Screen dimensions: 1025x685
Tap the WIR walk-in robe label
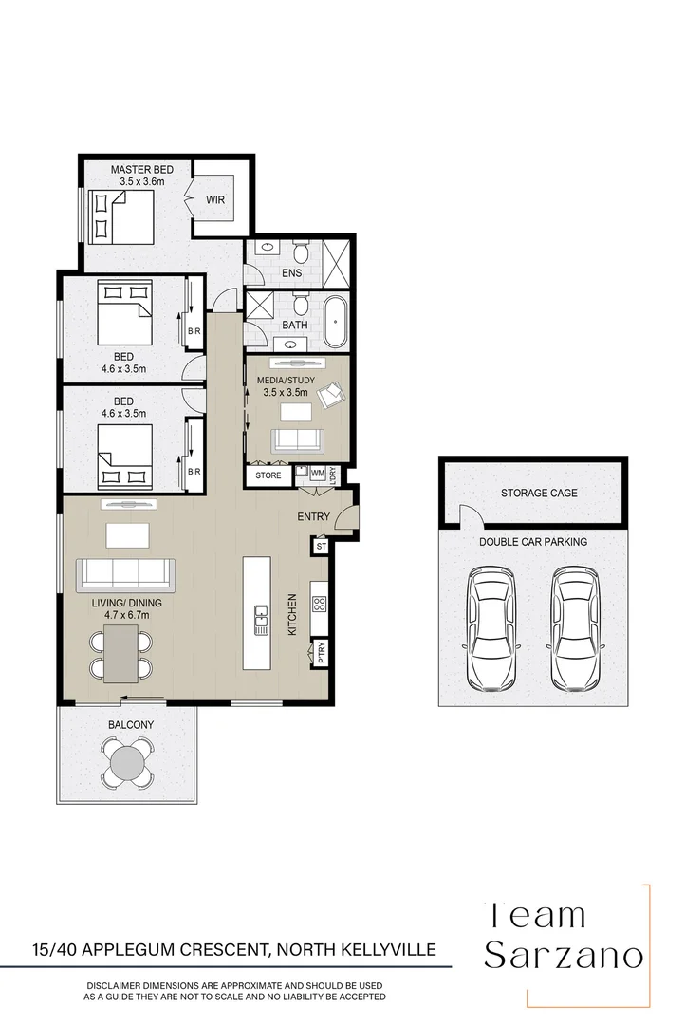(216, 200)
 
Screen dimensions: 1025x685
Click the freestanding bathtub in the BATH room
(337, 324)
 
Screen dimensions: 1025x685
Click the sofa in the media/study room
(297, 439)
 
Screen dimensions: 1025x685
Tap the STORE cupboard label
(268, 475)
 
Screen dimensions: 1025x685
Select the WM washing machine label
(318, 472)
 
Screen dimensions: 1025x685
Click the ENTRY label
(314, 516)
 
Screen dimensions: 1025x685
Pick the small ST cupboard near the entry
(321, 546)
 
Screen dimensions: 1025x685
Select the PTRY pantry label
(321, 652)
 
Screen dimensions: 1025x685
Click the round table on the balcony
(128, 760)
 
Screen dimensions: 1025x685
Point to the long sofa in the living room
(126, 572)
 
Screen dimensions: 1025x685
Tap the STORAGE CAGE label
(539, 494)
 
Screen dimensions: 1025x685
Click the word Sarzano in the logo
(565, 956)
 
